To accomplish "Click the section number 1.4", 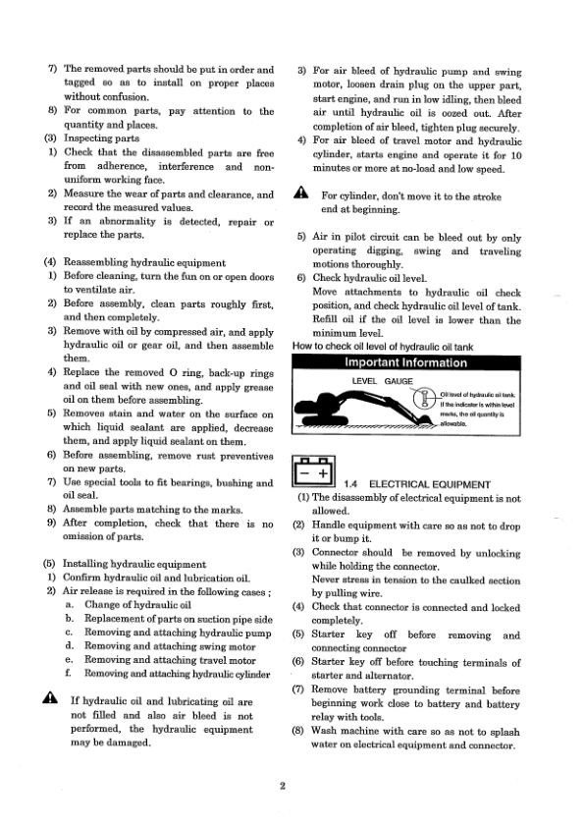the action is coord(355,484).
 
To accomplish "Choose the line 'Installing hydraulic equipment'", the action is coord(134,565).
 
